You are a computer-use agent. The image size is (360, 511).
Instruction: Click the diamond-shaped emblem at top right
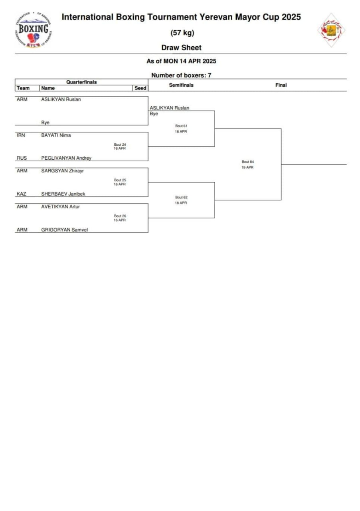(331, 30)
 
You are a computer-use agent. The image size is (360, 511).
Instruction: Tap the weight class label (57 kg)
(182, 33)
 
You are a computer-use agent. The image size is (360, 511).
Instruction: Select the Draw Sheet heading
(181, 48)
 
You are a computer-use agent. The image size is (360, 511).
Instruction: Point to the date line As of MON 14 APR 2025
(181, 61)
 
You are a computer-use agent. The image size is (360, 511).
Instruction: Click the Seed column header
(140, 88)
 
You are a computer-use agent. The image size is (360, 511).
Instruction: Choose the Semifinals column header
(181, 85)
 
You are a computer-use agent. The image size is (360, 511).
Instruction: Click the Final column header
(281, 85)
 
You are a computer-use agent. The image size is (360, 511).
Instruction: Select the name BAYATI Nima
(56, 135)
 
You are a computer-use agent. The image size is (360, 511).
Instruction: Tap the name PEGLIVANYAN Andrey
(66, 158)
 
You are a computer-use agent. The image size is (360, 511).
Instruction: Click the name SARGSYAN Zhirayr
(62, 171)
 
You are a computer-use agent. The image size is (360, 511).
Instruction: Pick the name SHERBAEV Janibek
(63, 194)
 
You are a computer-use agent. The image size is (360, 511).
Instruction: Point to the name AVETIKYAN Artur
(61, 207)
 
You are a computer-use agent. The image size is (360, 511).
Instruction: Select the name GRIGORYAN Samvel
(65, 230)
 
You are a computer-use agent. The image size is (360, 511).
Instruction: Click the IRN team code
(21, 135)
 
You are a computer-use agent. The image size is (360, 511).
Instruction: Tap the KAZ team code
(21, 194)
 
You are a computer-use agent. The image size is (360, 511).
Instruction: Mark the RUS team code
(22, 158)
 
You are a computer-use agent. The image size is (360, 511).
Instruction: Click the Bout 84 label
(247, 162)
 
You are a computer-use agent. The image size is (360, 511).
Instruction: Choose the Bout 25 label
(120, 180)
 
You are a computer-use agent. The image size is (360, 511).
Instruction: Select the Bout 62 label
(181, 197)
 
